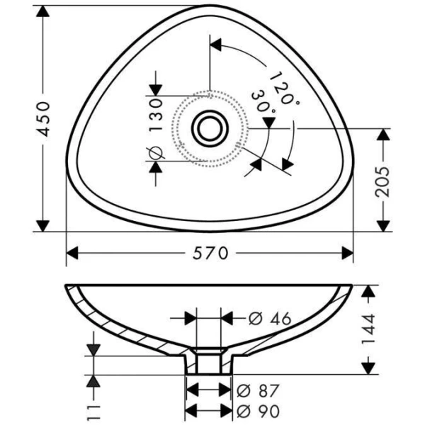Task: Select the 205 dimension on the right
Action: pos(382,180)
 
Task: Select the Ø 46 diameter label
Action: pos(270,319)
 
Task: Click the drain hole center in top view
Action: pos(209,128)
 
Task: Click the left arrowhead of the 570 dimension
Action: pos(72,253)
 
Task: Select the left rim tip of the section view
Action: pos(67,288)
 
